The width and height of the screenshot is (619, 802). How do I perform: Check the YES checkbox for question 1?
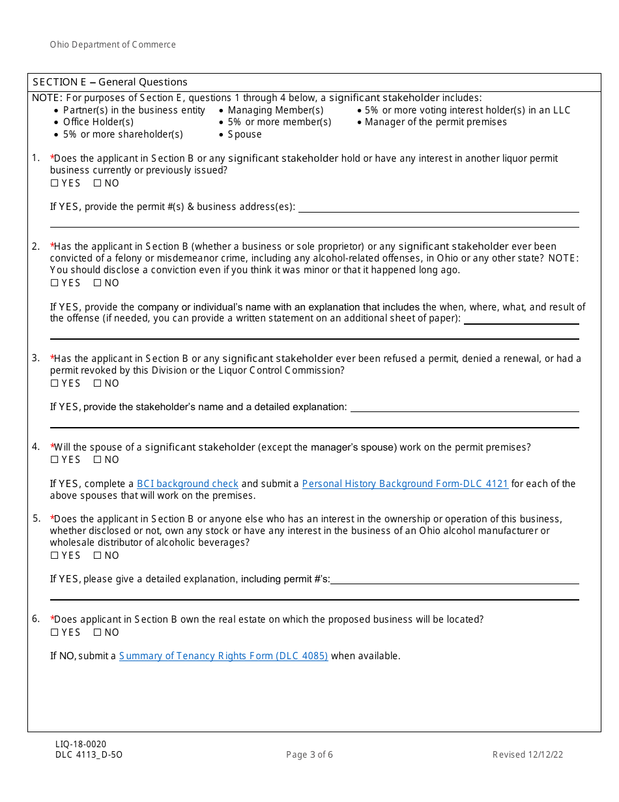pyautogui.click(x=55, y=183)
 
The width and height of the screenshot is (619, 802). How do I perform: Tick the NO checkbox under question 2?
pyautogui.click(x=97, y=283)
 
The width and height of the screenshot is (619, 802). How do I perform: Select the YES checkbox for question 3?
pyautogui.click(x=55, y=383)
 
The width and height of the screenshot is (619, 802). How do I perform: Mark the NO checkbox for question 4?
pyautogui.click(x=97, y=460)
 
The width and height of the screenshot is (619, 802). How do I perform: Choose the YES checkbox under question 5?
pyautogui.click(x=55, y=556)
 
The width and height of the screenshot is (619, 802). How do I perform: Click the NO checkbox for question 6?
pyautogui.click(x=97, y=632)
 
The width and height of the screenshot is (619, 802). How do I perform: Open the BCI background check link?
pyautogui.click(x=188, y=484)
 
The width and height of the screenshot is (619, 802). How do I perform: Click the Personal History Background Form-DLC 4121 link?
pyautogui.click(x=405, y=484)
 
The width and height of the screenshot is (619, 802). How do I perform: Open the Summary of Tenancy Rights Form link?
pyautogui.click(x=223, y=656)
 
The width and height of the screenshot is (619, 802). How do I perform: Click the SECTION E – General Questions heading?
pyautogui.click(x=110, y=82)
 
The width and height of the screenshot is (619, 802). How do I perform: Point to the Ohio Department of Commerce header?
pyautogui.click(x=113, y=45)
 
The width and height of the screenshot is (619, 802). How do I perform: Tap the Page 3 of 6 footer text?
pyautogui.click(x=309, y=755)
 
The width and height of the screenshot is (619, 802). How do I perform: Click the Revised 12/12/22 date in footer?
pyautogui.click(x=528, y=755)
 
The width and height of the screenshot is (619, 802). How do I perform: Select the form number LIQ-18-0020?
pyautogui.click(x=81, y=744)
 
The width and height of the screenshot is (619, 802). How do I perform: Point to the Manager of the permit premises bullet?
pyautogui.click(x=435, y=122)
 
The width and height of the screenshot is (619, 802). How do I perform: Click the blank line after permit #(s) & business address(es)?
pyautogui.click(x=439, y=208)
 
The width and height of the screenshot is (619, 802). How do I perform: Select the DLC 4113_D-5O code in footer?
pyautogui.click(x=89, y=755)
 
